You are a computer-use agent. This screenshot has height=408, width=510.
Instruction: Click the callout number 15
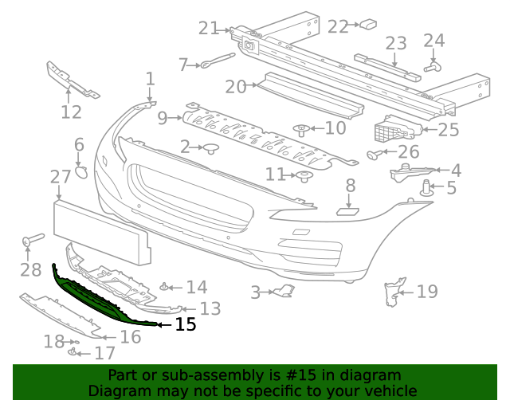(185, 324)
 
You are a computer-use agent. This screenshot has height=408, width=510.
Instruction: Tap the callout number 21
(209, 29)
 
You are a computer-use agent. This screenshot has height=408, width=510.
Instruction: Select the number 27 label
(61, 177)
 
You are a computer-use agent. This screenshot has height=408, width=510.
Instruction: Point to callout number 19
(427, 292)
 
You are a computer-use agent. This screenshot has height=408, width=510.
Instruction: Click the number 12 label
(71, 112)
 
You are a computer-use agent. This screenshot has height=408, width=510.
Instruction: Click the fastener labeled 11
(304, 176)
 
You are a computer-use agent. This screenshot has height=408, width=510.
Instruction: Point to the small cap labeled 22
(367, 25)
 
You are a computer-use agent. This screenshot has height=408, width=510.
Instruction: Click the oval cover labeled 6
(81, 171)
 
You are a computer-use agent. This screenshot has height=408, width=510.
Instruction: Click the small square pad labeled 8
(348, 211)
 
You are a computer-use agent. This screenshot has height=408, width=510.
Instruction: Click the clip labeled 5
(426, 190)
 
